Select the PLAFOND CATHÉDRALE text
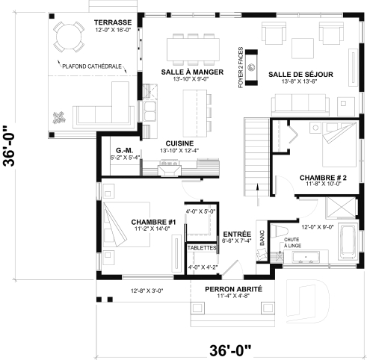click(97, 66)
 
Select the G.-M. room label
click(124, 149)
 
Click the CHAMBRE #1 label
click(152, 222)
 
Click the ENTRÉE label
click(236, 233)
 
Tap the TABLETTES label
click(201, 247)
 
